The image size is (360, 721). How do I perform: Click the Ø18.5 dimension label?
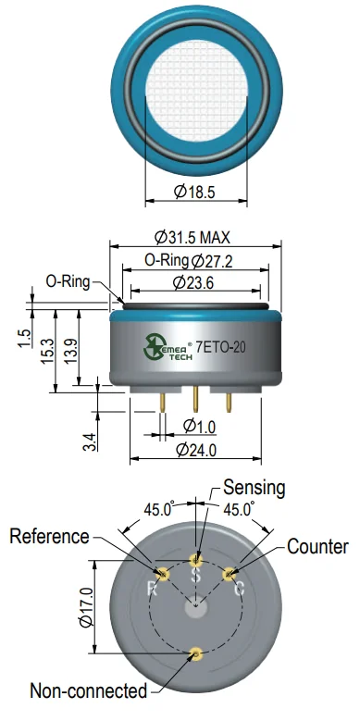[194, 192]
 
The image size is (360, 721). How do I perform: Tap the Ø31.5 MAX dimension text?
[192, 238]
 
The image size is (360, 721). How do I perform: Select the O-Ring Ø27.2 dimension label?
[189, 261]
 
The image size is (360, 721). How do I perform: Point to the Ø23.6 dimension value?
[193, 283]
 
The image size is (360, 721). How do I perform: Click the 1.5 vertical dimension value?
[25, 339]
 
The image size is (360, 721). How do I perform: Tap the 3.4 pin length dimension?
[91, 441]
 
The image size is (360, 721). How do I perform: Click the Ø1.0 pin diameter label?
[199, 427]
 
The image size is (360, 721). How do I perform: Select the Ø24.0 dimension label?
[196, 450]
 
